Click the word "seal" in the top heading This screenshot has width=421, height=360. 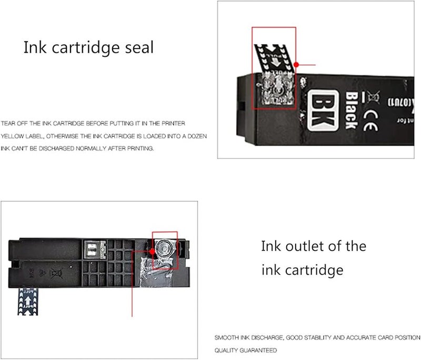(136, 48)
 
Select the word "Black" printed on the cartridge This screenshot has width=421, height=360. (351, 110)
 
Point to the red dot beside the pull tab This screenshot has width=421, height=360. (296, 64)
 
